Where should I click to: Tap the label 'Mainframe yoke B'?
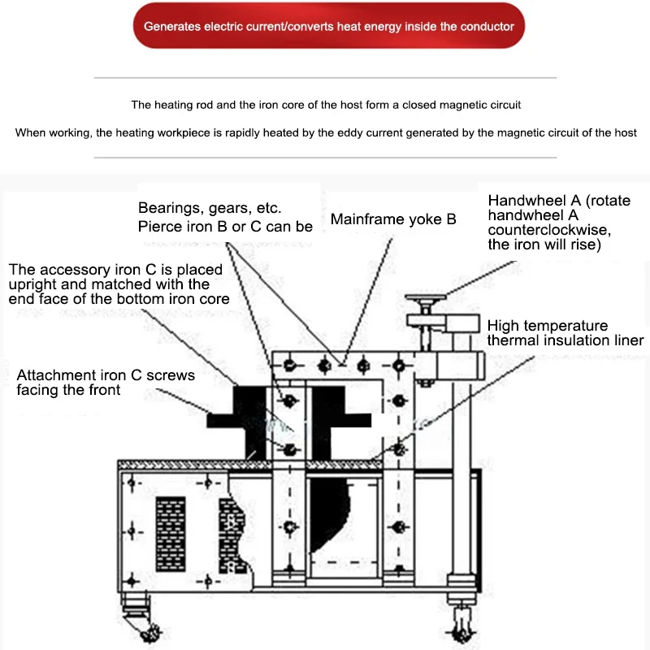(x=393, y=219)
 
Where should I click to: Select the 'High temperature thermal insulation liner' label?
(x=565, y=333)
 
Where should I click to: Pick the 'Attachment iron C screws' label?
(x=106, y=383)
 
